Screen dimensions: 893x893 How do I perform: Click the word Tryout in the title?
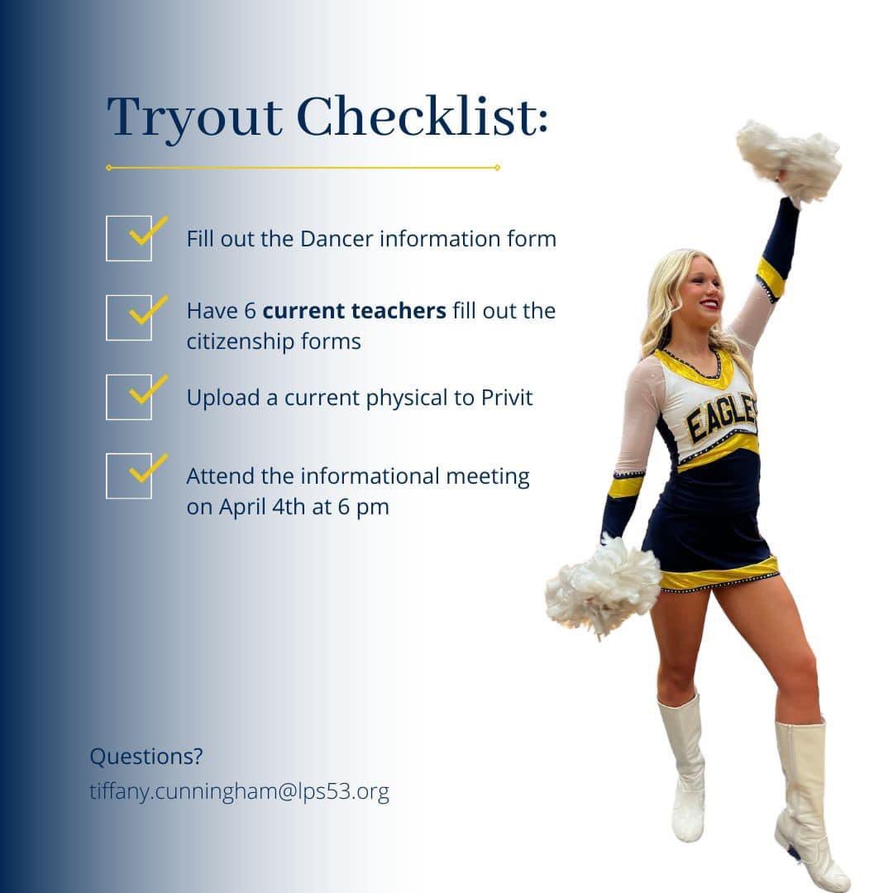pyautogui.click(x=195, y=117)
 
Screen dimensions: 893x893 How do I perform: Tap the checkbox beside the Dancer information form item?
pyautogui.click(x=129, y=238)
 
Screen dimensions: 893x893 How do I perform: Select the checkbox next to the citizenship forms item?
pyautogui.click(x=129, y=318)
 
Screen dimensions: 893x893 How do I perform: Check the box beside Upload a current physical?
pyautogui.click(x=129, y=397)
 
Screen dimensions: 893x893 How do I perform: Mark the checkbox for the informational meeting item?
pyautogui.click(x=129, y=476)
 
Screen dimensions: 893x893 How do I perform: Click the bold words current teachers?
pyautogui.click(x=354, y=311)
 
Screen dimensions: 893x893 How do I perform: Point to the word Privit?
pyautogui.click(x=507, y=398)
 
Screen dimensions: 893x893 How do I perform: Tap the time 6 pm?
pyautogui.click(x=363, y=507)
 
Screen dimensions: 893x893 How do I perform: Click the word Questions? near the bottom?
pyautogui.click(x=146, y=757)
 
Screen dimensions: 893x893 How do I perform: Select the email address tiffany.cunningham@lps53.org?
pyautogui.click(x=239, y=792)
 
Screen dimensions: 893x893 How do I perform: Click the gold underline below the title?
pyautogui.click(x=303, y=168)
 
